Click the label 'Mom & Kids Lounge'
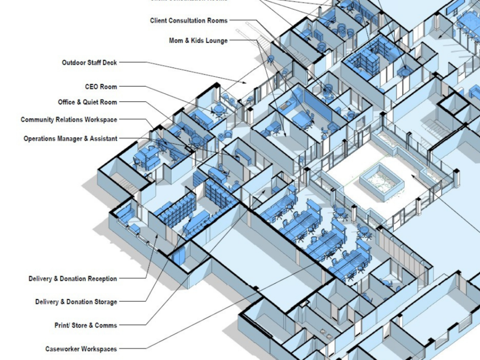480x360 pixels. (x=198, y=41)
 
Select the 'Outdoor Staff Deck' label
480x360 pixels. (x=89, y=62)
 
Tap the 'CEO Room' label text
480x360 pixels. (x=101, y=87)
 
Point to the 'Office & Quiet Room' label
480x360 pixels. (x=87, y=102)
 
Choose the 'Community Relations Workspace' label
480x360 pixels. (x=68, y=120)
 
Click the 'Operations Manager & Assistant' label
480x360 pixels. (x=70, y=139)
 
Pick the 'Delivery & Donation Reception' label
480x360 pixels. (x=73, y=279)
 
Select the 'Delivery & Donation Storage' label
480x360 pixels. (x=76, y=302)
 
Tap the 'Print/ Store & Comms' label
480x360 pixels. (x=85, y=325)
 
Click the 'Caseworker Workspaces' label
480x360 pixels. (x=81, y=349)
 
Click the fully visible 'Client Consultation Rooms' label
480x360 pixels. (x=188, y=21)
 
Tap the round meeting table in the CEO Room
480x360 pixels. (x=218, y=111)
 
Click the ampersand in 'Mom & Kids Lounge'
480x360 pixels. (x=187, y=41)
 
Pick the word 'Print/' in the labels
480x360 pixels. (x=63, y=325)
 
